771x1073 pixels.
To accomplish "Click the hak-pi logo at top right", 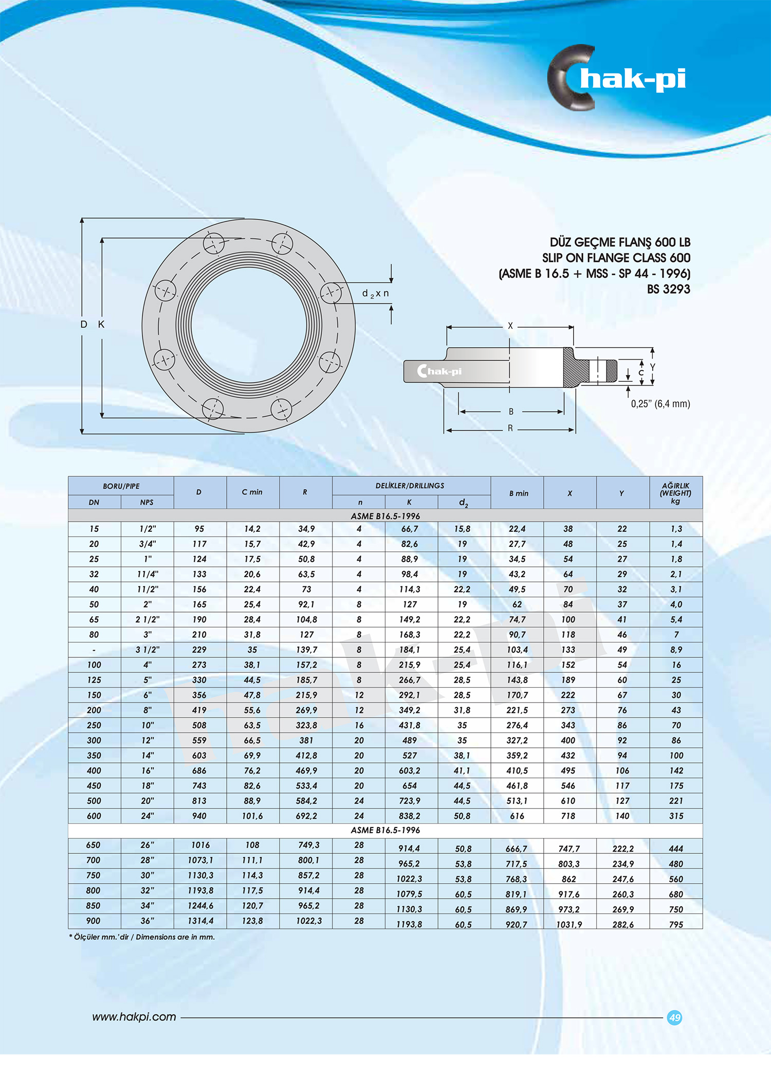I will click(x=617, y=78).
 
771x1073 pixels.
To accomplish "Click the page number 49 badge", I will click(x=674, y=1017).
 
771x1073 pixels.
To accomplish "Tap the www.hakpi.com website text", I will click(x=134, y=1017).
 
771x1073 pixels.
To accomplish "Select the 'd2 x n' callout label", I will click(x=376, y=294).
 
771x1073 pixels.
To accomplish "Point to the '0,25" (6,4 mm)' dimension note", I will click(x=660, y=404).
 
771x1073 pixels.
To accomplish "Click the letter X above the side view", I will click(x=510, y=326).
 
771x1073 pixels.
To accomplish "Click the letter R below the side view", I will click(x=510, y=428).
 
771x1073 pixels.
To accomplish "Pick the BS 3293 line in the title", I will click(x=668, y=289).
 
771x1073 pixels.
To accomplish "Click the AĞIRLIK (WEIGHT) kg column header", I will click(x=675, y=493).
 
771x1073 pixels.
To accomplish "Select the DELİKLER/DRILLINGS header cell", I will click(x=410, y=486).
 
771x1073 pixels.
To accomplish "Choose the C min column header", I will click(x=252, y=492).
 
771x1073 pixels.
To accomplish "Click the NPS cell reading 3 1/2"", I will click(x=148, y=650).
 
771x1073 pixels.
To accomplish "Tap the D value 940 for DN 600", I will click(x=199, y=816).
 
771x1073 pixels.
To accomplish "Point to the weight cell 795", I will click(x=676, y=924).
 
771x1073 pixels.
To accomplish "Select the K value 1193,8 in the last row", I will click(x=409, y=924).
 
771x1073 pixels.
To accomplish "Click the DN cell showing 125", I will click(x=94, y=680).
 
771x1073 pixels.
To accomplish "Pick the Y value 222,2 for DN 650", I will click(x=623, y=849).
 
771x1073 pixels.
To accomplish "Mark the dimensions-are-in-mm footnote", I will click(x=142, y=937).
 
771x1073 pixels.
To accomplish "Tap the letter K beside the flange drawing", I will click(x=101, y=324).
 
